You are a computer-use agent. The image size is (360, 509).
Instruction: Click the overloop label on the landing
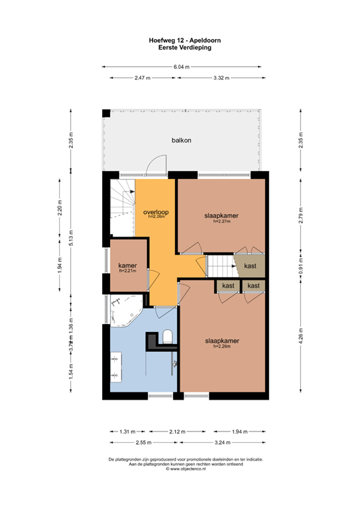(155, 213)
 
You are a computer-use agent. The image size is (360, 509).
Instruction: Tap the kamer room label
(127, 266)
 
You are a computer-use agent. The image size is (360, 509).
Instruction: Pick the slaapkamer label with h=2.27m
(221, 217)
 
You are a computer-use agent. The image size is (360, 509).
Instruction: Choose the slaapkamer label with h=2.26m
(221, 342)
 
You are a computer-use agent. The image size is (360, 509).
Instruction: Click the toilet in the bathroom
(167, 337)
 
